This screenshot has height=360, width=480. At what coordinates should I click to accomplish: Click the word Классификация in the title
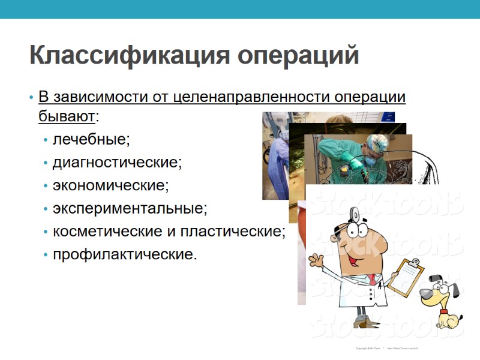click(x=129, y=56)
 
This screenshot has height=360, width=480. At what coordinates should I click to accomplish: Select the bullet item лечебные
click(x=91, y=140)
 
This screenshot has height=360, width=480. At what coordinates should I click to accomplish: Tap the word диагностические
click(x=117, y=163)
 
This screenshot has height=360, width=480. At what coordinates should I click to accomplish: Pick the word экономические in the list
click(x=110, y=185)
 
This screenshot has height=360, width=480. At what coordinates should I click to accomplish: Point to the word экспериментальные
click(x=130, y=208)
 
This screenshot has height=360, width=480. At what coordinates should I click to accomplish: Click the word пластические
click(x=240, y=231)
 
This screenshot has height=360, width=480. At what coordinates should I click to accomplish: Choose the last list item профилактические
click(x=125, y=254)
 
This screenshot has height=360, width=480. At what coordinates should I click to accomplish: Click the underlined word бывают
click(x=67, y=115)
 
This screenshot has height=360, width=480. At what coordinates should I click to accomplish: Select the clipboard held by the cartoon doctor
click(x=409, y=275)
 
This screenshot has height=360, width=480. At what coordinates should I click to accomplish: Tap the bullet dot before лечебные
click(x=46, y=140)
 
